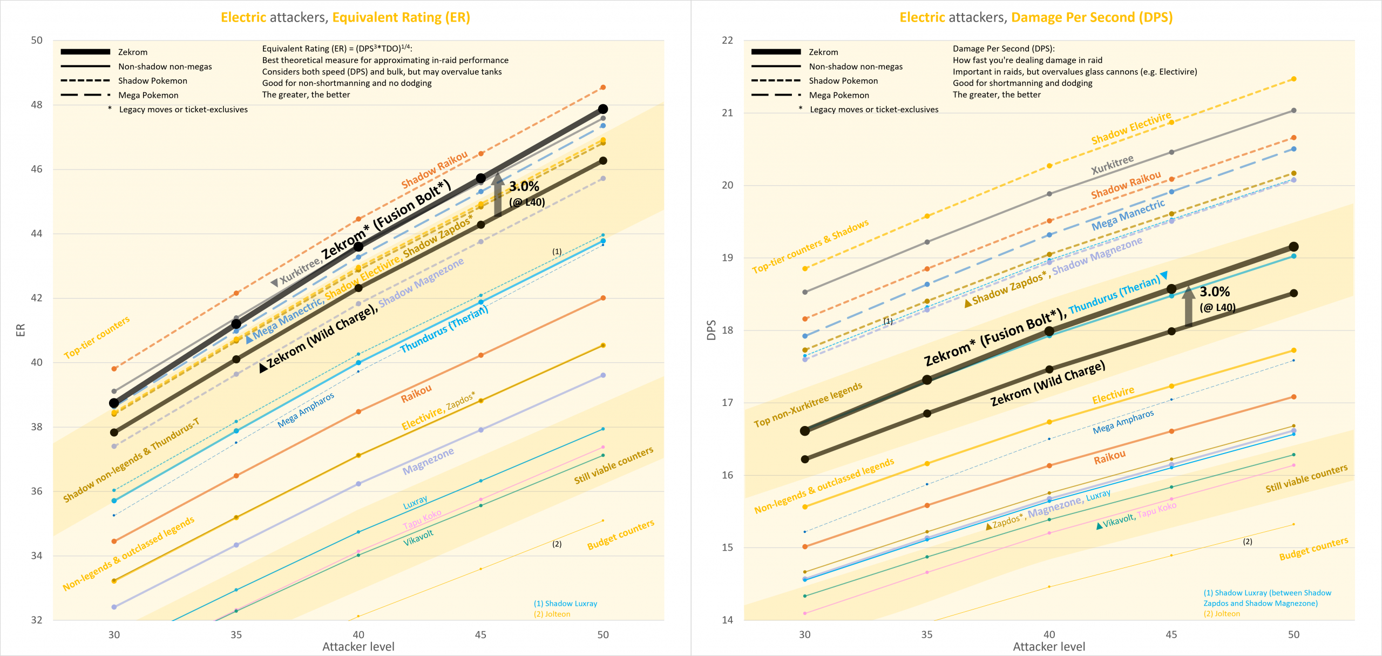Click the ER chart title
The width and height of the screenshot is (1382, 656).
coord(345,17)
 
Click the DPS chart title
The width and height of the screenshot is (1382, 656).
coord(1036,17)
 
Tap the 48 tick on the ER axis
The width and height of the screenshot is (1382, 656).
coord(36,105)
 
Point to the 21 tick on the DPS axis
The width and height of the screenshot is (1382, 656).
coord(727,113)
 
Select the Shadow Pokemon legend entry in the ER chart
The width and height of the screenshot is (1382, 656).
coord(152,81)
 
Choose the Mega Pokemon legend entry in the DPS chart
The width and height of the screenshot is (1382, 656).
coord(838,95)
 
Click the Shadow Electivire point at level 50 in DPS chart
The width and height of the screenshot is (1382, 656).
coord(1293,79)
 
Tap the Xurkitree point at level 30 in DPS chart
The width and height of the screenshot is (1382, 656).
coord(805,292)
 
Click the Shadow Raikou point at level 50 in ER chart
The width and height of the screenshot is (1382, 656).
coord(603,87)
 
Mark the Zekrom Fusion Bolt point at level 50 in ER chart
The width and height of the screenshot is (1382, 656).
coord(603,109)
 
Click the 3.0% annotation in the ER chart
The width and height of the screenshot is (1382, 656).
coord(524,187)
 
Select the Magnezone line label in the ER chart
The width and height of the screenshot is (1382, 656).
coord(428,462)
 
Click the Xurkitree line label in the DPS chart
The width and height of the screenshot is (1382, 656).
coord(1112,165)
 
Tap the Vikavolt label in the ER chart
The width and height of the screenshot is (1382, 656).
coord(418,538)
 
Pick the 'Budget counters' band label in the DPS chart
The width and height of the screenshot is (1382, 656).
coord(1313,549)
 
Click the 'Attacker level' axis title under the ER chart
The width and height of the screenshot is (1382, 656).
coord(358,647)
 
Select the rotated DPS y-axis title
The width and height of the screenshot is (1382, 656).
coord(712,330)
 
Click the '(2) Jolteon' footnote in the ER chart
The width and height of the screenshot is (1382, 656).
coord(552,614)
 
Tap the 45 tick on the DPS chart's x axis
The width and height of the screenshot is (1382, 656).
coord(1171,634)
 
